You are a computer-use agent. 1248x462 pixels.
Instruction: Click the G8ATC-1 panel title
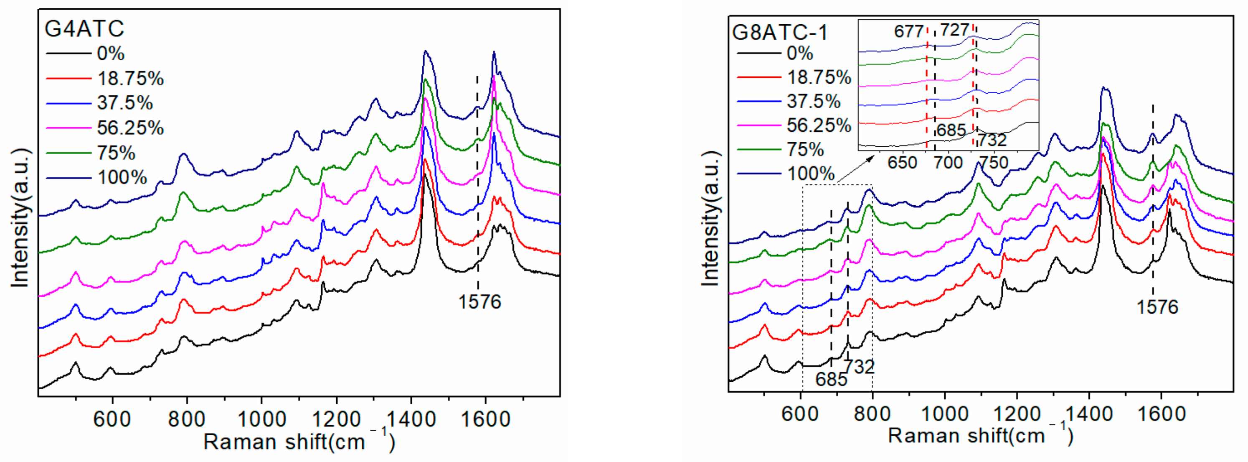point(780,33)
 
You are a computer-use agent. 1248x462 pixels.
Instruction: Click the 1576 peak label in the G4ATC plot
point(479,302)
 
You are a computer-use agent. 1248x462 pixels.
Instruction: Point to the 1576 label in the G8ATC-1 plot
point(1157,307)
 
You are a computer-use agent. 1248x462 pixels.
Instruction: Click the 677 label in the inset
point(908,31)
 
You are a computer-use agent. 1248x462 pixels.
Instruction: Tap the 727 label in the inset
point(954,30)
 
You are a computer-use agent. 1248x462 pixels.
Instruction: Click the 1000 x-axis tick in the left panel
point(261,418)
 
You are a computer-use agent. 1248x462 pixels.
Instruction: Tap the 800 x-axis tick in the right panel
point(872,414)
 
